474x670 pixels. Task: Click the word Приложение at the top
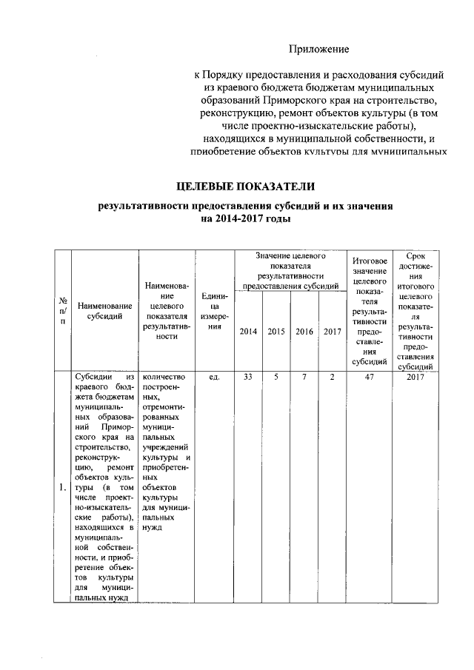[318, 49]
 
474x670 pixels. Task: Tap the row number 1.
[63, 488]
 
